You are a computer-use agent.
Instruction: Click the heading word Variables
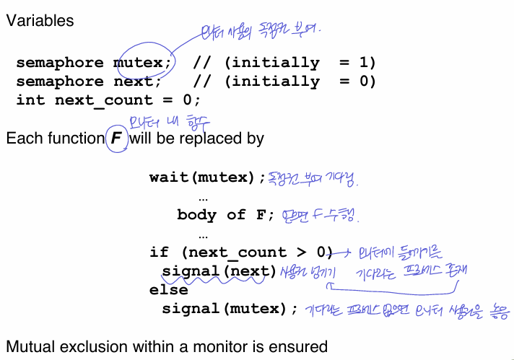(40, 20)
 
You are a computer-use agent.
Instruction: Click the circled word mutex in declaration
(142, 62)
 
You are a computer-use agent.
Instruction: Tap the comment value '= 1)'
(357, 62)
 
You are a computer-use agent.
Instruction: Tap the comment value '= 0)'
(357, 81)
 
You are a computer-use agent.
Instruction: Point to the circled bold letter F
(116, 137)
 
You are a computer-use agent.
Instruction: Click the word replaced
(214, 137)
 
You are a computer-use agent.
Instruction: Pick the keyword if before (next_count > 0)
(159, 252)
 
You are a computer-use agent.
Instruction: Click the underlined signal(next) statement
(219, 271)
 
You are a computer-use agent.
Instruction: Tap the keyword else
(168, 290)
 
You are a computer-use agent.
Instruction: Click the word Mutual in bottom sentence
(30, 346)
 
